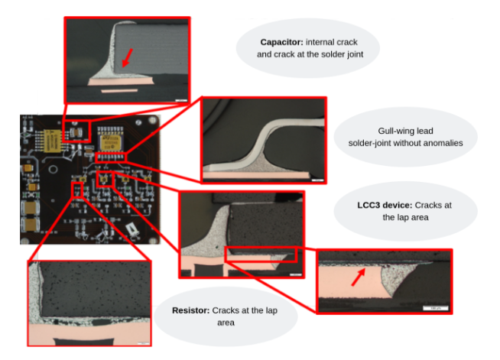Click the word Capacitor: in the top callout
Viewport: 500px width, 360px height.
coord(281,42)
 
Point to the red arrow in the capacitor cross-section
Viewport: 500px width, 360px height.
coord(127,58)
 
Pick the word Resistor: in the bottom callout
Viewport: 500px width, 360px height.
coord(190,310)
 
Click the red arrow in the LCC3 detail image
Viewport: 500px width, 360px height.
coord(358,277)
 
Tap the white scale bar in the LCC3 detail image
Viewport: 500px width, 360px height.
coord(435,308)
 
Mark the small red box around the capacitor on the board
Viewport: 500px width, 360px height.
coord(76,131)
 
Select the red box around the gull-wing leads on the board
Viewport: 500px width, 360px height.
coord(111,157)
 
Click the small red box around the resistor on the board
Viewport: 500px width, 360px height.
coord(77,190)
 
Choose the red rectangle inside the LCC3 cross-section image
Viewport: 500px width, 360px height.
coord(261,254)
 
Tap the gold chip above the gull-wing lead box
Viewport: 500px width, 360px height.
coord(110,142)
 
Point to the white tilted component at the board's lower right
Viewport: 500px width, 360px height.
coord(132,229)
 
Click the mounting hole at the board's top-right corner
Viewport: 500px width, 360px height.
coord(153,120)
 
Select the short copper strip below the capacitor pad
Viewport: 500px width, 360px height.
coord(119,91)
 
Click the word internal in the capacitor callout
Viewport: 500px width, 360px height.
coord(319,42)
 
